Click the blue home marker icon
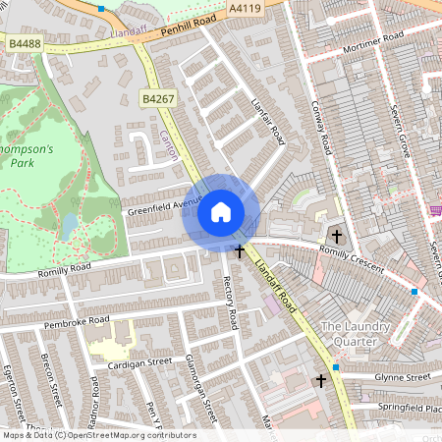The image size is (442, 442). (221, 212)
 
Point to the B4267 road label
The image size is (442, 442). (157, 99)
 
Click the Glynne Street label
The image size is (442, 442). (404, 376)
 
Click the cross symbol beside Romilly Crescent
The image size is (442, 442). (337, 236)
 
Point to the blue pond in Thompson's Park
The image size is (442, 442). (68, 227)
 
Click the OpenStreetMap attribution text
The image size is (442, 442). (98, 435)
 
